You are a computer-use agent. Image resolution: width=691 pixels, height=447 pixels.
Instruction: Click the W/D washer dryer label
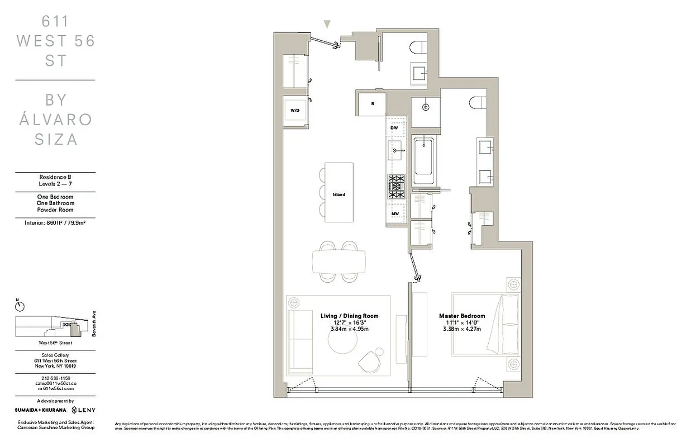click(294, 111)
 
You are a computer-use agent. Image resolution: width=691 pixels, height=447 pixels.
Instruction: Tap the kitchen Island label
click(339, 194)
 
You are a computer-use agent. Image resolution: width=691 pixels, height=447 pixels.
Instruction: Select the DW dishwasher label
click(394, 128)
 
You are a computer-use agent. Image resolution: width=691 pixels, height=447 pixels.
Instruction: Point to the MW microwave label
click(394, 214)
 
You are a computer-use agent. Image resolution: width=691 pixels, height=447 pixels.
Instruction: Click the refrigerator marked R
click(373, 103)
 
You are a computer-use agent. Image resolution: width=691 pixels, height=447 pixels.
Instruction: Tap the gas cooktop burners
click(396, 186)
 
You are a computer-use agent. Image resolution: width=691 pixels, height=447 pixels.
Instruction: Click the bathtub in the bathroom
click(425, 160)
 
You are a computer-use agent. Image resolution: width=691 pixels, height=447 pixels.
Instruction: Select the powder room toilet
click(418, 47)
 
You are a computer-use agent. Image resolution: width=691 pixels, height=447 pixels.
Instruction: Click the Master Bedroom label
click(462, 316)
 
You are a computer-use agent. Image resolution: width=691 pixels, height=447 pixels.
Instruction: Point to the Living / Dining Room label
click(349, 316)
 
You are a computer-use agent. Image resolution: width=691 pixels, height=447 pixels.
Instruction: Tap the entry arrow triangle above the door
click(327, 23)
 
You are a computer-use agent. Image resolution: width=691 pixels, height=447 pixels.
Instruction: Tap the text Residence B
click(55, 177)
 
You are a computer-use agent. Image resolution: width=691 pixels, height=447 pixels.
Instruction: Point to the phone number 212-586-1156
click(55, 378)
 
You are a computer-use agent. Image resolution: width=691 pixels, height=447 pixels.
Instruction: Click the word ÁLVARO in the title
click(55, 120)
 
